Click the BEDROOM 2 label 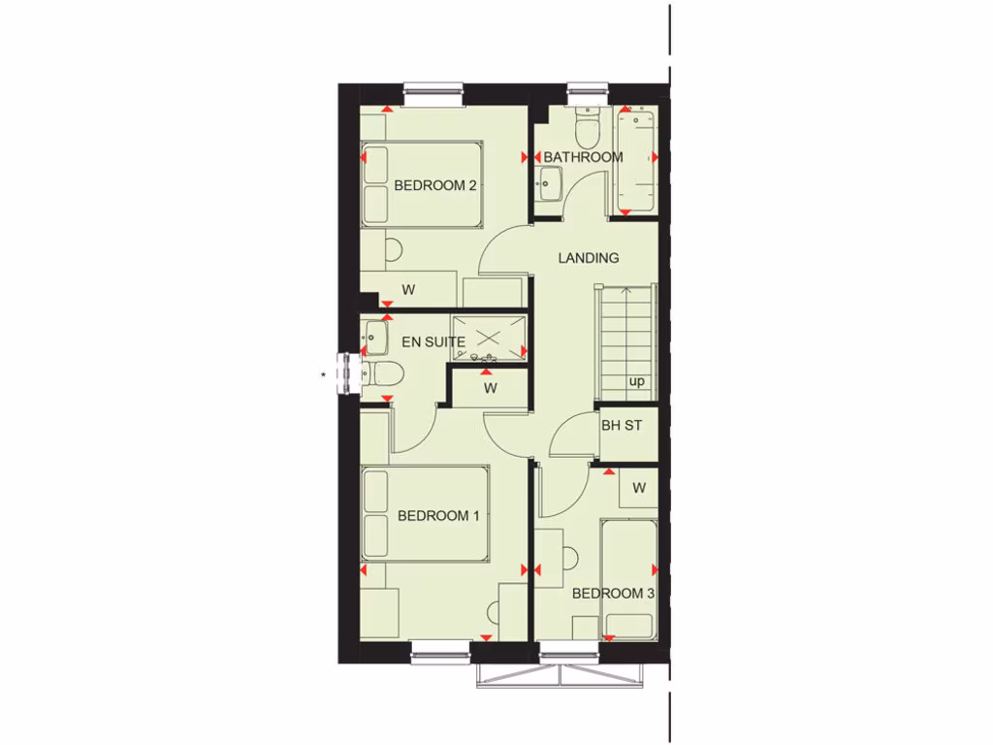(x=434, y=185)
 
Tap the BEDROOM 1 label (x=438, y=516)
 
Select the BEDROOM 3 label (x=613, y=594)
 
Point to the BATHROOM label (x=583, y=157)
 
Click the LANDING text (x=588, y=258)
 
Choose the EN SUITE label (x=433, y=341)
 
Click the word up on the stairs (x=636, y=381)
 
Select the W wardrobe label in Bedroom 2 (x=409, y=289)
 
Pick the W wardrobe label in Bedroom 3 (x=638, y=488)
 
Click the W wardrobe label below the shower (x=491, y=389)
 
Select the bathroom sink (x=550, y=182)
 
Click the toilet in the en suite (x=380, y=372)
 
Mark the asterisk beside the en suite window (x=324, y=373)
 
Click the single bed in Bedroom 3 (x=628, y=579)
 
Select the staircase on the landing (x=625, y=340)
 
